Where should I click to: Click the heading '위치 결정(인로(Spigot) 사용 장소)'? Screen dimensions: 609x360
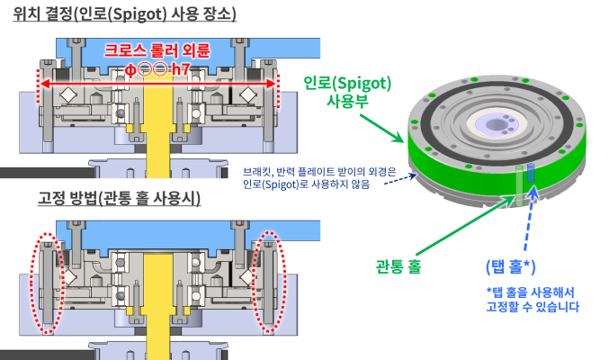[124, 14]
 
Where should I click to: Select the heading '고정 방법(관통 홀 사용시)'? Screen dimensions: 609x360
[120, 198]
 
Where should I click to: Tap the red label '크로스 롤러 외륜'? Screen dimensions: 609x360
[157, 50]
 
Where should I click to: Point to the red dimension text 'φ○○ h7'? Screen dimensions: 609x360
[157, 69]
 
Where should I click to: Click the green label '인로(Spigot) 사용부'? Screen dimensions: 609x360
[347, 92]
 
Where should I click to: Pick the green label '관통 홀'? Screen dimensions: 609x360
[399, 266]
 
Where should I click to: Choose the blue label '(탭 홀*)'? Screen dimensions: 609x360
[510, 266]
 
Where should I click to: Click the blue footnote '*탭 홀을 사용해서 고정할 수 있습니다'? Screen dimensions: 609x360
[533, 300]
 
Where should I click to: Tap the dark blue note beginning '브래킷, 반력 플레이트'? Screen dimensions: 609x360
[319, 177]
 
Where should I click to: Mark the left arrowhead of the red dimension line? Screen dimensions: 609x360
[42, 84]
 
